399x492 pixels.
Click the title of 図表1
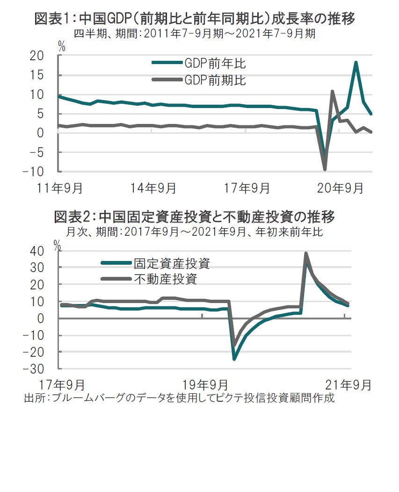pyautogui.click(x=195, y=19)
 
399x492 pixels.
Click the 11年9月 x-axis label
pyautogui.click(x=60, y=188)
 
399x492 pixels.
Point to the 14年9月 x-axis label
pyautogui.click(x=153, y=188)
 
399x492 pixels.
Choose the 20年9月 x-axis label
pyautogui.click(x=341, y=188)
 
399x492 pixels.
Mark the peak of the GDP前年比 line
pyautogui.click(x=356, y=62)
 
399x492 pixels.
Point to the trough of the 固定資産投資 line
pyautogui.click(x=234, y=359)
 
